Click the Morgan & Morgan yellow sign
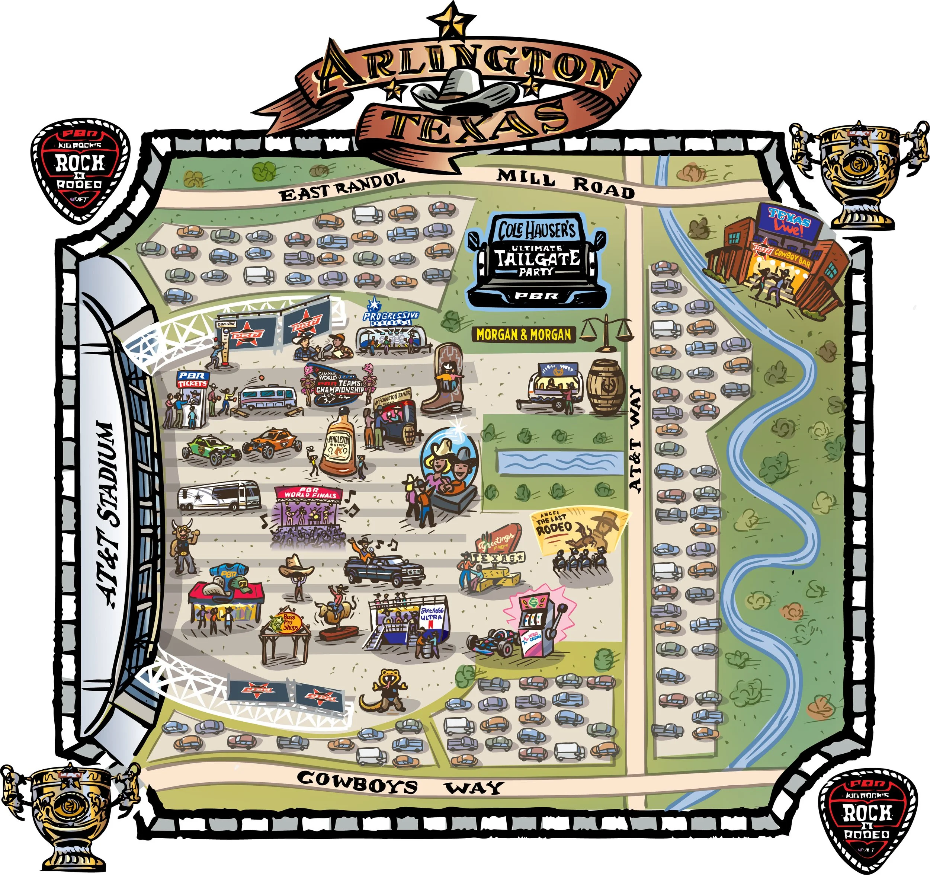point(523,334)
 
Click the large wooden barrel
point(606,386)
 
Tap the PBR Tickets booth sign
point(192,379)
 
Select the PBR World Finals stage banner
point(311,493)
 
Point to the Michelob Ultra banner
point(431,614)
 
